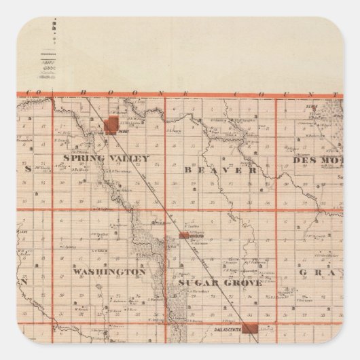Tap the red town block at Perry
111,125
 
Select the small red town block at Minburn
183,236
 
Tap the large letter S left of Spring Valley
28,169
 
